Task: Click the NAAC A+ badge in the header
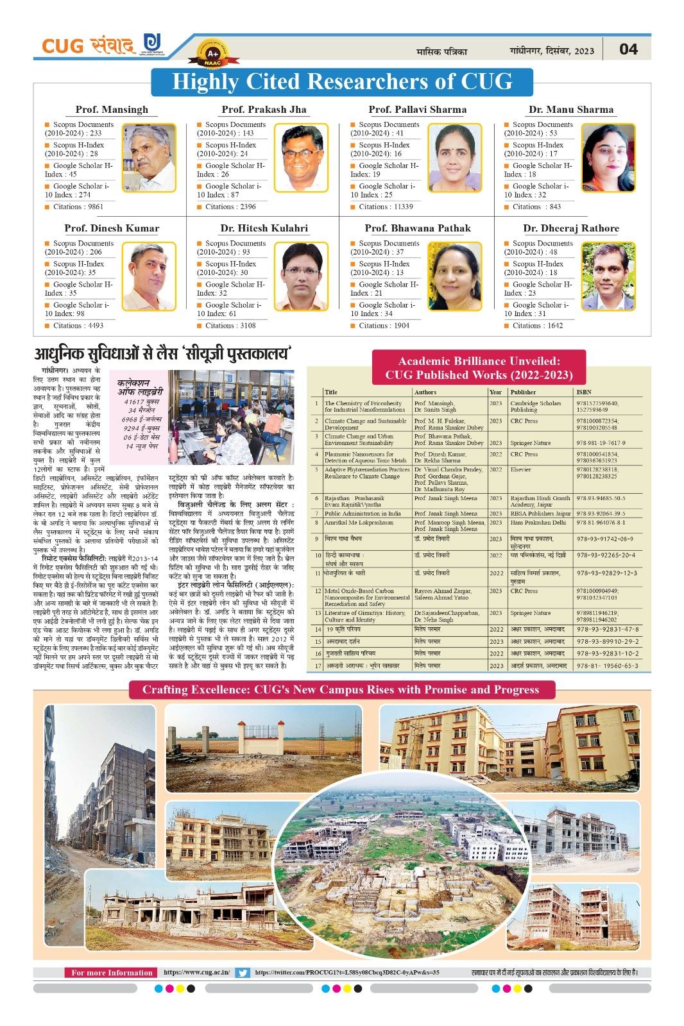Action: coord(212,55)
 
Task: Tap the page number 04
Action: coord(628,49)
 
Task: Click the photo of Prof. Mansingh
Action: coord(149,158)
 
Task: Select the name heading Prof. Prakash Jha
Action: coord(264,110)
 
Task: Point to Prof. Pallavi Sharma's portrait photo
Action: coord(454,158)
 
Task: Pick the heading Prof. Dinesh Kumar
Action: coord(112,228)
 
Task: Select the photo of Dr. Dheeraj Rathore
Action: coord(608,276)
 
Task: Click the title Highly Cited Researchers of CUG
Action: coord(342,82)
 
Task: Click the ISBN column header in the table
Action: coord(583,392)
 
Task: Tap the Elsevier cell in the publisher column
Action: coord(520,469)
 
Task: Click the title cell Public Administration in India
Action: coord(363,514)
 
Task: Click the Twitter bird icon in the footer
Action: coord(243,973)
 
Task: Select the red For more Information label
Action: coord(112,973)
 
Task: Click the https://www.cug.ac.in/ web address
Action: coord(196,973)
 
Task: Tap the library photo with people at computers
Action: coord(230,417)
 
